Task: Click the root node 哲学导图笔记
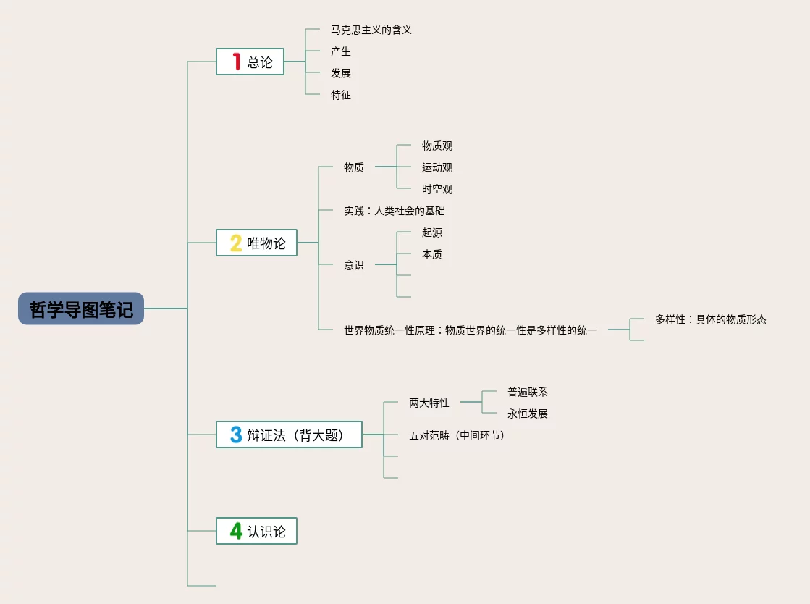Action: point(81,309)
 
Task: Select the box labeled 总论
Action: point(250,62)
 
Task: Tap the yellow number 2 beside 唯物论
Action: point(236,243)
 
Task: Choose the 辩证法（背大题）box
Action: point(289,435)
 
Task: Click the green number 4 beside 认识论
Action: point(236,531)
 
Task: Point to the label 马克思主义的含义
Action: point(371,30)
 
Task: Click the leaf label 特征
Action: point(341,95)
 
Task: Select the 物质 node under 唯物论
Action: point(354,167)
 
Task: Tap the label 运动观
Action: point(437,167)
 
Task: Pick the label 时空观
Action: point(437,189)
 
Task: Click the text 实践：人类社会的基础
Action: point(395,211)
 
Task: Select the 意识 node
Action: point(354,265)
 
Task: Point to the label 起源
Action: point(432,232)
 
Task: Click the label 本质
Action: point(432,254)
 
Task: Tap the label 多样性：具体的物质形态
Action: point(710,319)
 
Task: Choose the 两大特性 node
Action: point(429,403)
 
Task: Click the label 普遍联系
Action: point(528,392)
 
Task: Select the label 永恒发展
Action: point(528,414)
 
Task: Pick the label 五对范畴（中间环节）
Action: point(457,435)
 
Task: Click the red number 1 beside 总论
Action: point(236,62)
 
